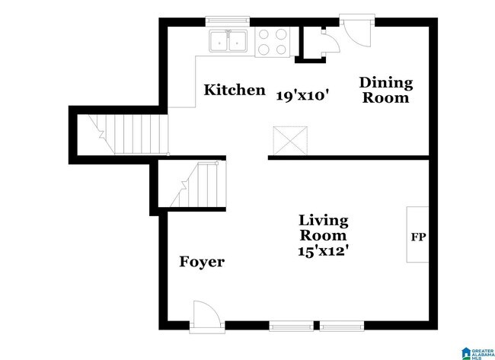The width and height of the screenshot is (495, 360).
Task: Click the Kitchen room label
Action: [234, 91]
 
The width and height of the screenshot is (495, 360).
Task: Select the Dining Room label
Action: [385, 90]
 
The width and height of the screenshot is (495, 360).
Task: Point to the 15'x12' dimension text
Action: [323, 248]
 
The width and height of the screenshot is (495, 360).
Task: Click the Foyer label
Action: [201, 263]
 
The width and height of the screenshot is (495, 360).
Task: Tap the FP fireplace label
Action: [418, 237]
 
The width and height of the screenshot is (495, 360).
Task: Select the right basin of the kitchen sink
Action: [238, 41]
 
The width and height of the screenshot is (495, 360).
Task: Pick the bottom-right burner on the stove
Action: [282, 49]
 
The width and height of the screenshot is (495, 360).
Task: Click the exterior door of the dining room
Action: [355, 32]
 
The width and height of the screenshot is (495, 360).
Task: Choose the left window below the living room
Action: [291, 326]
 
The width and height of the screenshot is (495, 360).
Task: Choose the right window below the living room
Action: [341, 326]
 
